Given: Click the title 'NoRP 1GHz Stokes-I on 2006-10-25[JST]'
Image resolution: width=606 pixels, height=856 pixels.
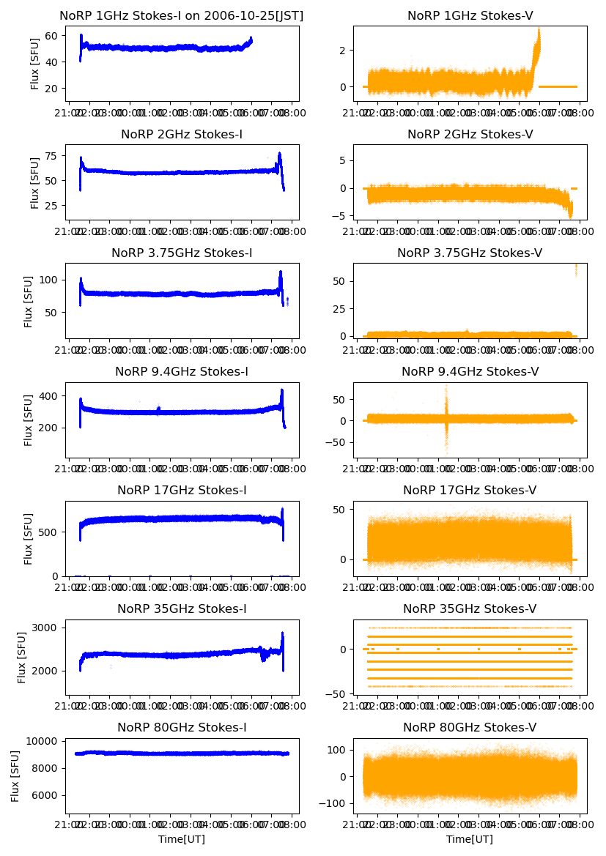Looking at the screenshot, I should point(182,15).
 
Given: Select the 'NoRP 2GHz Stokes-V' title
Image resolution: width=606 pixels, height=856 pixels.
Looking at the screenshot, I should point(470,134).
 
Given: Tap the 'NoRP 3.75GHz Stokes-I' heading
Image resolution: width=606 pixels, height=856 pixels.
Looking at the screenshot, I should point(182,253).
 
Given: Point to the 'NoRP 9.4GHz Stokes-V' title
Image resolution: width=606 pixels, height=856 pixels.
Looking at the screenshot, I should point(470,371).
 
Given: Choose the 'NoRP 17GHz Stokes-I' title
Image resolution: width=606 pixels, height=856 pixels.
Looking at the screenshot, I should point(182,490).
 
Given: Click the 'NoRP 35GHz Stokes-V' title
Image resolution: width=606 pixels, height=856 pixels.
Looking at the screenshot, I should point(470,608).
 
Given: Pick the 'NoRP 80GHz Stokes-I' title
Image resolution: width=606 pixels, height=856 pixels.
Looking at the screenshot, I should point(182,727).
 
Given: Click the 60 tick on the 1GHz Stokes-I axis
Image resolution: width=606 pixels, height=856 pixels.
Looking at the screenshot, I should point(53,35).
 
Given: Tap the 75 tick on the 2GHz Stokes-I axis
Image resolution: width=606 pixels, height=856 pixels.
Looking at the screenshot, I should point(53,155).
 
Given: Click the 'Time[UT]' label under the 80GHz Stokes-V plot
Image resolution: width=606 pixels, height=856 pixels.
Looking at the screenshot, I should point(470,839).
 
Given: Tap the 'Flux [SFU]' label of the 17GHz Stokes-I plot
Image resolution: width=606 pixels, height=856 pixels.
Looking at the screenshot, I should point(29,538).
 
